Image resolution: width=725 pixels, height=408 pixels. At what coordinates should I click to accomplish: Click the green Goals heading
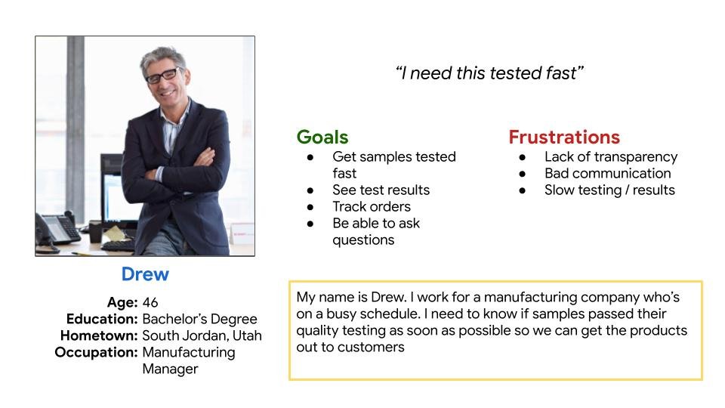[x=322, y=138]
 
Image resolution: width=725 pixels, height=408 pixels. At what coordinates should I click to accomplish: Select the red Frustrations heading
[x=564, y=138]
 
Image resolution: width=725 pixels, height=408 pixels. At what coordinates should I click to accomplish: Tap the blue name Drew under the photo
[x=145, y=274]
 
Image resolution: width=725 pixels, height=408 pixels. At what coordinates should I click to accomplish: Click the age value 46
[x=150, y=302]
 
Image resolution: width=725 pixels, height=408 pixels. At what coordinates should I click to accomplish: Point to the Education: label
[x=102, y=319]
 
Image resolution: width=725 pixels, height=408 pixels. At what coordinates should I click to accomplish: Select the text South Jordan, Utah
[x=202, y=335]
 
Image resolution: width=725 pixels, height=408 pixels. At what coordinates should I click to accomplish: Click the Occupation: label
[x=96, y=353]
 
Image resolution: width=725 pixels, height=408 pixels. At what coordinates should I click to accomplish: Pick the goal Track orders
[x=372, y=207]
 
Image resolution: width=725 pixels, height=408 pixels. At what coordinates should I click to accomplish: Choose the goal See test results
[x=381, y=190]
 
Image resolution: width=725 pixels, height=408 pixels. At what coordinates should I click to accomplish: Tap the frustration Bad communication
[x=607, y=174]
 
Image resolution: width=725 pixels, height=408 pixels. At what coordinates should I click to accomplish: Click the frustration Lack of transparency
[x=611, y=157]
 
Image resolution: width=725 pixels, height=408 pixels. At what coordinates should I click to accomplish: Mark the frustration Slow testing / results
[x=610, y=190]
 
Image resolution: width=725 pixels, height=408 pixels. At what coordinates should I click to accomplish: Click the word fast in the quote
[x=561, y=73]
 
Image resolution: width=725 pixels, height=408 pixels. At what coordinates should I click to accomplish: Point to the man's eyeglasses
[x=163, y=76]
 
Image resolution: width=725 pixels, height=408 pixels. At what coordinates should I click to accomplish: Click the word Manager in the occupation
[x=170, y=369]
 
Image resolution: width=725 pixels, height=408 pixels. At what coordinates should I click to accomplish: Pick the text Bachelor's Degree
[x=199, y=319]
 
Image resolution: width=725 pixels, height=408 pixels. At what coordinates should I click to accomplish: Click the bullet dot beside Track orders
[x=310, y=207]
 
